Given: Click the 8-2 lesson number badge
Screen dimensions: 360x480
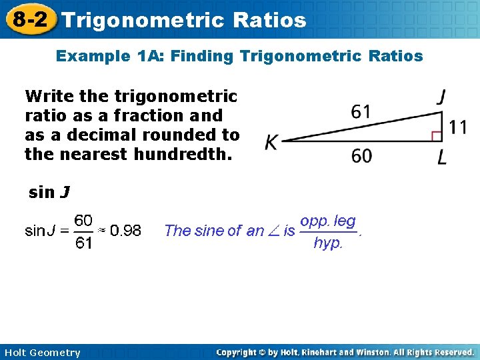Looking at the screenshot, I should (x=29, y=19).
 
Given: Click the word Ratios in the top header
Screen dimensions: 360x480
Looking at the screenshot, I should (x=270, y=20).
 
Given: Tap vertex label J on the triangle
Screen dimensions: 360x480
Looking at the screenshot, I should (x=441, y=97).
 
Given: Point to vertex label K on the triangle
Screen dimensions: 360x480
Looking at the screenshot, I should (x=271, y=142).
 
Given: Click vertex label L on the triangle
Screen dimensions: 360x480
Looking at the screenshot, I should (x=442, y=158).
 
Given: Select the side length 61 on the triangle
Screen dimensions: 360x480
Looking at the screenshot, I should (x=361, y=111).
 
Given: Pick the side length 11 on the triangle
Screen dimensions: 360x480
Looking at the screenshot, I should (x=457, y=127).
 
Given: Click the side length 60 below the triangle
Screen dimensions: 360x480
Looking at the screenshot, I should (x=361, y=156).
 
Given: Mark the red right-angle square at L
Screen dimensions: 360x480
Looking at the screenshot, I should (x=437, y=136).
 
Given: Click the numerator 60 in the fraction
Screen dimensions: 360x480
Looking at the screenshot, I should (x=83, y=220).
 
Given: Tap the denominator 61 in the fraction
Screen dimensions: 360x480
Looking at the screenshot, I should (x=83, y=243).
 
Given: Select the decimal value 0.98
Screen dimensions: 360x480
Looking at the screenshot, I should (x=125, y=231).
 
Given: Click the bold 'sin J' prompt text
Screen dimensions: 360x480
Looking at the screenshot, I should (x=49, y=193).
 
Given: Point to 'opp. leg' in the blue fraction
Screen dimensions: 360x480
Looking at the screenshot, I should (x=328, y=221).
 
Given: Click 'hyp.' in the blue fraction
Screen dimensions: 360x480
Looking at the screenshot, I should (x=328, y=243).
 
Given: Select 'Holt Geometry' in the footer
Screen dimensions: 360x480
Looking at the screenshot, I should (x=41, y=353).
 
